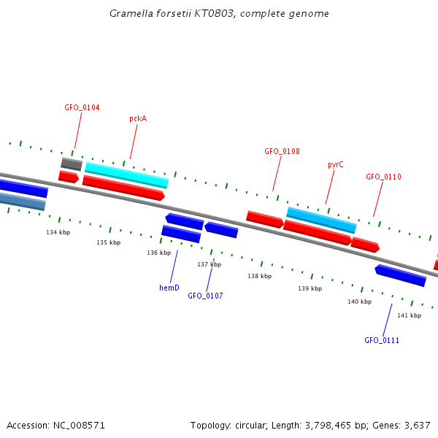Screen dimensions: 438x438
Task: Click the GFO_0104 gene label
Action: click(82, 107)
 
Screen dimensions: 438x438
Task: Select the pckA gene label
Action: click(138, 118)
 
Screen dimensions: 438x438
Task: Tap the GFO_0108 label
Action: click(282, 151)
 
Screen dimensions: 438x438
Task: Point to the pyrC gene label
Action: click(336, 164)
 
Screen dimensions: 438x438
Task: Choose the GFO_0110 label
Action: click(383, 177)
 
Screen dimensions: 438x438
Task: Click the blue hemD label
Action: click(169, 288)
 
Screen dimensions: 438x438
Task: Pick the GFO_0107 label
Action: click(205, 296)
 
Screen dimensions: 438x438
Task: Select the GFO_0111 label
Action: click(382, 340)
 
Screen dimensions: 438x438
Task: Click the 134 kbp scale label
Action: click(58, 232)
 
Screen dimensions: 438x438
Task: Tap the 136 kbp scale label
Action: click(159, 253)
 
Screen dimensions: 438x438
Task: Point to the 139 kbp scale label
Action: click(310, 288)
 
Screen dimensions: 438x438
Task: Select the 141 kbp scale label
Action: click(410, 315)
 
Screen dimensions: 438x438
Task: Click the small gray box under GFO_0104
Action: click(72, 164)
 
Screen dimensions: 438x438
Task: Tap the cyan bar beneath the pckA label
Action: click(126, 175)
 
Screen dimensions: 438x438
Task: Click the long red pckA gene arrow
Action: click(123, 188)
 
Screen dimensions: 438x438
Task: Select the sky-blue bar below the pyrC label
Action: click(321, 220)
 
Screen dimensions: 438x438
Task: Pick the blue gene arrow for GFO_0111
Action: click(400, 275)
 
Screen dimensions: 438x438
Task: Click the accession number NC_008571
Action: click(79, 426)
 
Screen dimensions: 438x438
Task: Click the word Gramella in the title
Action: click(131, 13)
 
